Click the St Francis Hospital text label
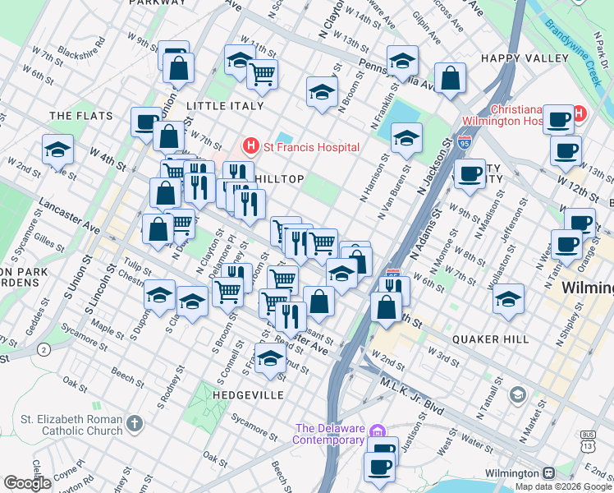tap(311, 147)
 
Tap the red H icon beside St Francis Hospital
tap(250, 147)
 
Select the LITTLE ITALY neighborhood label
tap(225, 106)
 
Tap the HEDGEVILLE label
tap(248, 395)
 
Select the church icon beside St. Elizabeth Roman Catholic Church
tap(135, 425)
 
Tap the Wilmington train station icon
tap(548, 474)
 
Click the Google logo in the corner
tap(27, 483)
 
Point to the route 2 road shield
tap(43, 349)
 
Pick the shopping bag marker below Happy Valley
tap(451, 80)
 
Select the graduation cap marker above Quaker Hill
tap(509, 300)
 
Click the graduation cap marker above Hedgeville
tap(270, 359)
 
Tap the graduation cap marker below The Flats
tap(58, 150)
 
